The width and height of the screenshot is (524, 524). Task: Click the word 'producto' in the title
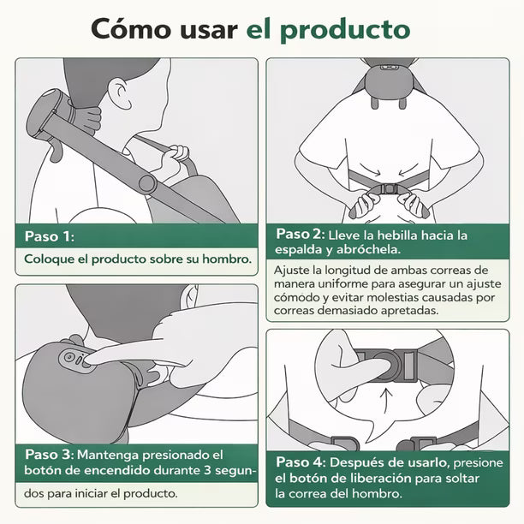tap(352, 29)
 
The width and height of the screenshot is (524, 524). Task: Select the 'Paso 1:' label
tap(49, 235)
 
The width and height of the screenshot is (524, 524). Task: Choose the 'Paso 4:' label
tap(301, 461)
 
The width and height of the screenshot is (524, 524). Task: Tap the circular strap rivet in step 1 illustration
tap(146, 183)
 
